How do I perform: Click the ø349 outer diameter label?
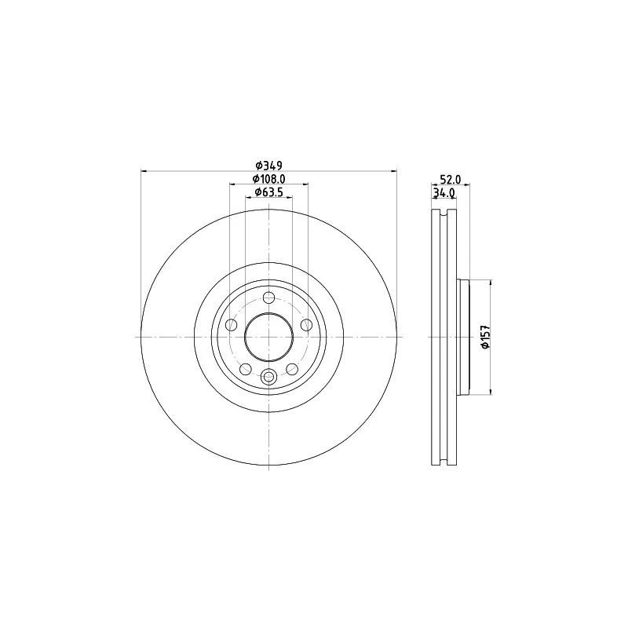tap(269, 165)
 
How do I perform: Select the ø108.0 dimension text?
tap(268, 179)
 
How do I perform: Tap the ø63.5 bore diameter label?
tap(268, 192)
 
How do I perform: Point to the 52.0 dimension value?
tap(451, 179)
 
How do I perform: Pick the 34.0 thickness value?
tap(444, 193)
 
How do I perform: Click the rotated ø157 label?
tap(485, 337)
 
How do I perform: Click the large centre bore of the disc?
tap(268, 337)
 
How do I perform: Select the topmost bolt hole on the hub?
tap(268, 298)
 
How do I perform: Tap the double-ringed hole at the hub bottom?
tap(268, 376)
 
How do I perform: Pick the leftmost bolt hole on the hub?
tap(231, 325)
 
